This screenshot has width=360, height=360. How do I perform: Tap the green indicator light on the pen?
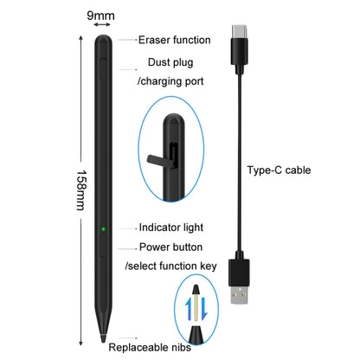[102, 229]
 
